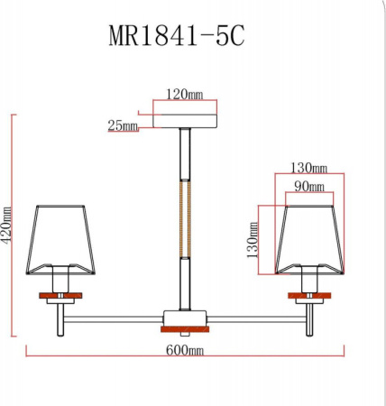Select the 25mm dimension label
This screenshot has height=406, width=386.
(x=123, y=126)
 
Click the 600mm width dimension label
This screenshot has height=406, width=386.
(x=185, y=350)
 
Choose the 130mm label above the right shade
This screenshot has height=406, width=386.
(x=308, y=168)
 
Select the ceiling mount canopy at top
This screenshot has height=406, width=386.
(x=186, y=118)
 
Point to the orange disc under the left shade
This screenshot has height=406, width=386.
(x=60, y=296)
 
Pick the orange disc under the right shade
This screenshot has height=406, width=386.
(x=309, y=296)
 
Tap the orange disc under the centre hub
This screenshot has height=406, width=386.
(x=185, y=328)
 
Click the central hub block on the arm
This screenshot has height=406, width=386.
(x=185, y=317)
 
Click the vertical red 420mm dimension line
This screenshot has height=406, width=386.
(x=14, y=226)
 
